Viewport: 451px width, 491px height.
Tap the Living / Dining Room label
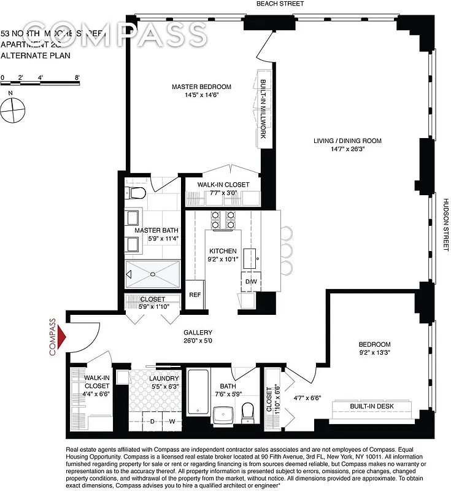[x=347, y=141]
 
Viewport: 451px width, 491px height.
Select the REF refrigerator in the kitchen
[x=195, y=295]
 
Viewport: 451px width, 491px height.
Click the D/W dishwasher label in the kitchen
[x=250, y=282]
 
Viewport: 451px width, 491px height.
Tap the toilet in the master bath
[x=137, y=194]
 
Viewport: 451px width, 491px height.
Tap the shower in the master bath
[x=153, y=274]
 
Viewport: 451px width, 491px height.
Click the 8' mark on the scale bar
[x=77, y=78]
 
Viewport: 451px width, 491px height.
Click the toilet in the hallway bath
[x=248, y=412]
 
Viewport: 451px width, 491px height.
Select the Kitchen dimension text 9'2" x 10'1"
[x=222, y=260]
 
